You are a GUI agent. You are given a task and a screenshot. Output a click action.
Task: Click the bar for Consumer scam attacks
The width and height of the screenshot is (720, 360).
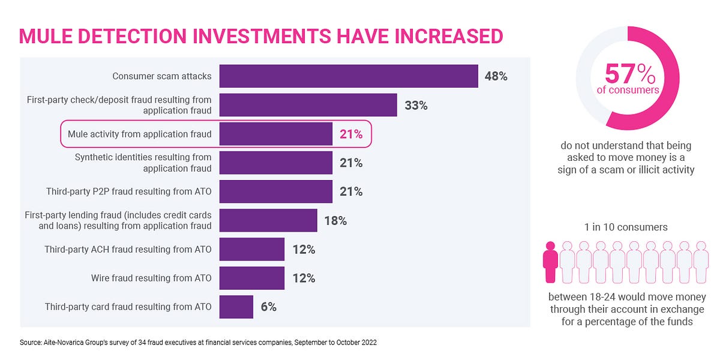tap(348, 76)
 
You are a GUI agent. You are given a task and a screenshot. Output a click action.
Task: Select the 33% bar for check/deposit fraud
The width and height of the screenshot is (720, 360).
tap(308, 105)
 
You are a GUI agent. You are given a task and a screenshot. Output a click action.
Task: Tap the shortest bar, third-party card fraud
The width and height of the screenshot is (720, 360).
tap(236, 307)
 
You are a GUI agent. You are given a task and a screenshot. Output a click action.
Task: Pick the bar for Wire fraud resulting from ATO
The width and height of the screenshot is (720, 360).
tap(251, 278)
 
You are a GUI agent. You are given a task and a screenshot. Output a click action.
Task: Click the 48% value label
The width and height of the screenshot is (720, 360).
tap(496, 77)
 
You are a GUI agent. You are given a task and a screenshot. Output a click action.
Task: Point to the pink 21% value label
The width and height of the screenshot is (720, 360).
tap(351, 134)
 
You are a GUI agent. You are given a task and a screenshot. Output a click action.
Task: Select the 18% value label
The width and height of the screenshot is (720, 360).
tap(335, 221)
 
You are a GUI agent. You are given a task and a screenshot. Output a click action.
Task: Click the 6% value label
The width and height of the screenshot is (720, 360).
tap(268, 307)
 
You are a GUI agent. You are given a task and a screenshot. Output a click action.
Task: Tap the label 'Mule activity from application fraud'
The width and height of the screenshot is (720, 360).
tap(140, 134)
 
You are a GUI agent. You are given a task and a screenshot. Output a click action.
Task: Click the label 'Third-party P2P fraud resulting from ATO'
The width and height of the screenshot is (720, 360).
tap(129, 192)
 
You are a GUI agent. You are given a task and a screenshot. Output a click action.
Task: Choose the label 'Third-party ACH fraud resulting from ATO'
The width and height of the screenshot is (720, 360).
tap(128, 249)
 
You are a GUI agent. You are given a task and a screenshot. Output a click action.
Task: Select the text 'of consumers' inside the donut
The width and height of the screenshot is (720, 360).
tap(628, 90)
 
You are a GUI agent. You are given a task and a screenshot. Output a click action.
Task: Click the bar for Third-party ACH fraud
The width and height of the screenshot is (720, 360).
tap(251, 249)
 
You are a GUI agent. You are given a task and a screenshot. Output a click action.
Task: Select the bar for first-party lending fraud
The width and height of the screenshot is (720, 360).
tap(268, 220)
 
